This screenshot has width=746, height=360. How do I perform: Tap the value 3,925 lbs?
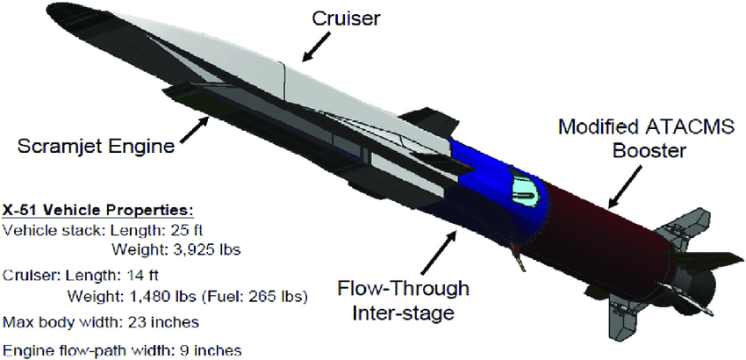208,249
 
